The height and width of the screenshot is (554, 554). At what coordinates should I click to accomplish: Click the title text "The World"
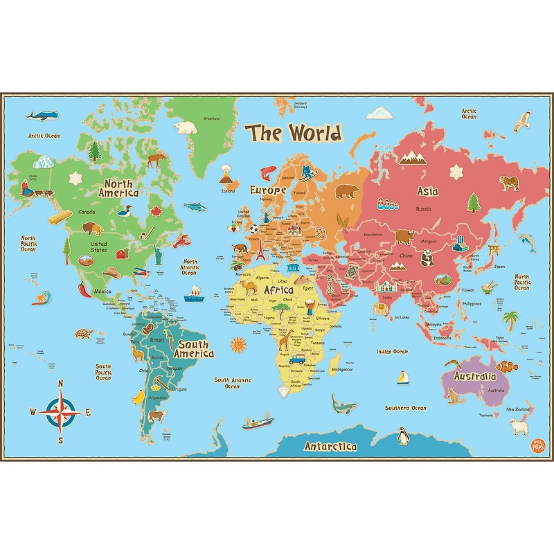click(x=295, y=132)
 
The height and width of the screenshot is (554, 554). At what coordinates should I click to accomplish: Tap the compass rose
click(x=60, y=411)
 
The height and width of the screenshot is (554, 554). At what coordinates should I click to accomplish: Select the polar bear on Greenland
click(x=186, y=127)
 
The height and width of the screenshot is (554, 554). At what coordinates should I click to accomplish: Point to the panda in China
click(x=426, y=257)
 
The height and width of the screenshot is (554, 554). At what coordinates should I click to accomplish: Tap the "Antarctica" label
click(x=330, y=446)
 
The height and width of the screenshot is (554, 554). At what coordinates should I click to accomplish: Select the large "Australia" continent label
click(x=474, y=376)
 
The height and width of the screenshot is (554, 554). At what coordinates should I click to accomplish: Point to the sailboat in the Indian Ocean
click(x=402, y=377)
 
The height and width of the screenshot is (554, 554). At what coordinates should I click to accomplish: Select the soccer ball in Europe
click(x=253, y=228)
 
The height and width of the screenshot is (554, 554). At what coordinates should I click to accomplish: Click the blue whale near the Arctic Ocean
click(x=42, y=114)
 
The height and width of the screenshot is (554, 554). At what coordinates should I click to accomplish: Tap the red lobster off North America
click(x=182, y=242)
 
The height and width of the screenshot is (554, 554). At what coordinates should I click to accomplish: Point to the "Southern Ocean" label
click(x=406, y=408)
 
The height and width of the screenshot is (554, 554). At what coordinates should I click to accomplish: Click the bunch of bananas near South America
click(x=139, y=397)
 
